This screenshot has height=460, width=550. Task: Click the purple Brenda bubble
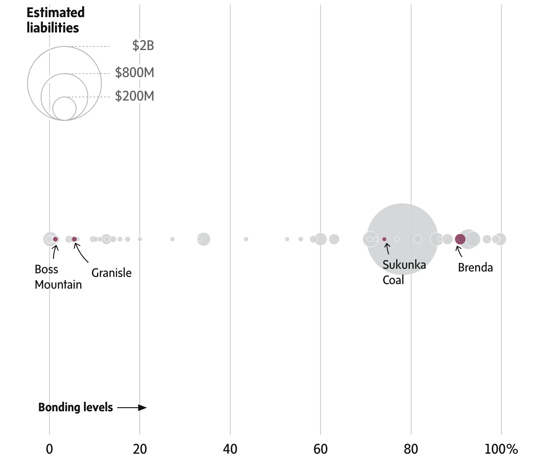460,239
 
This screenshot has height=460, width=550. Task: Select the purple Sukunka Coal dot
385,239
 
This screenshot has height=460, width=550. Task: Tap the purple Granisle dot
74,239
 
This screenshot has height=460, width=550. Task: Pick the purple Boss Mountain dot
55,239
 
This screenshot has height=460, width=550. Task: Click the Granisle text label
111,273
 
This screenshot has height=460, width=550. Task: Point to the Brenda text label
475,267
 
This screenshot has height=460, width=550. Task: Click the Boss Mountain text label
58,277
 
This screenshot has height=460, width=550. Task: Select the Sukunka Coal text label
404,272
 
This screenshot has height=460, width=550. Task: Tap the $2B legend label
143,46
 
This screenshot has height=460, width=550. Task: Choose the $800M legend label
134,73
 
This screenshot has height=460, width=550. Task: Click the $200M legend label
134,96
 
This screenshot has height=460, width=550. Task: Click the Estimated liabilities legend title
55,20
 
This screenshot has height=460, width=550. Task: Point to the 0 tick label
50,449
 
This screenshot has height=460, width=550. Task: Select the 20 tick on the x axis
140,449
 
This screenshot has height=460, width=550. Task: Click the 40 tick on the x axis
230,449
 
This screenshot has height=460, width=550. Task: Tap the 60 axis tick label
321,449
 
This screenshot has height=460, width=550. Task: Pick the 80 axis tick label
411,449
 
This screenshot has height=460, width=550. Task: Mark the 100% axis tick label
501,449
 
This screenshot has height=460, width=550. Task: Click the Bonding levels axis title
75,407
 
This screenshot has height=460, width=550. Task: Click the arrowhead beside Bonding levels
143,408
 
